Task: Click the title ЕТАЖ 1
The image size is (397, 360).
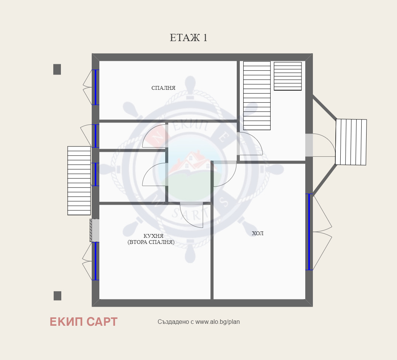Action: (x=189, y=38)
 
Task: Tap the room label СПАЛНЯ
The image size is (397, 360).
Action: (x=163, y=88)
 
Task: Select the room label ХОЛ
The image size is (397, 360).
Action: (x=257, y=233)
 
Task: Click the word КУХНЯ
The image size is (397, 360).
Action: (x=153, y=236)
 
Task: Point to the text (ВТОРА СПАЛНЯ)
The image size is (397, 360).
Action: (x=151, y=242)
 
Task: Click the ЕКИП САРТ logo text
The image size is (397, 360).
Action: (x=84, y=322)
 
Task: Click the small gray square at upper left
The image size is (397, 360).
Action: (x=57, y=69)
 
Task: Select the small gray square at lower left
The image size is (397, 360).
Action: (x=57, y=296)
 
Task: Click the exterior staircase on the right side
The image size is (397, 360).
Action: (x=351, y=142)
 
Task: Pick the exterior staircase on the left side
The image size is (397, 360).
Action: (x=79, y=181)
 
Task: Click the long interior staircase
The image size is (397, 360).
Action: (x=257, y=96)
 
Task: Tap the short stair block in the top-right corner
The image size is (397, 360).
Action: (x=288, y=76)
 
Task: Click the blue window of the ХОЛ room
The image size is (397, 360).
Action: (x=309, y=232)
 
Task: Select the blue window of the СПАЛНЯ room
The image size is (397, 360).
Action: (x=95, y=88)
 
